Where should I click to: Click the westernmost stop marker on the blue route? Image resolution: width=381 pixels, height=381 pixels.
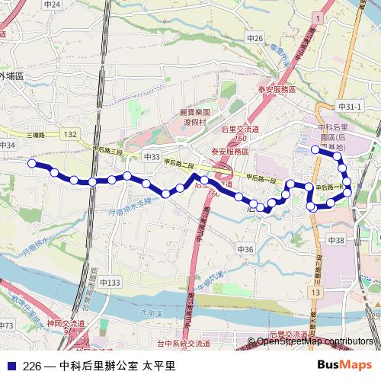click(32, 163)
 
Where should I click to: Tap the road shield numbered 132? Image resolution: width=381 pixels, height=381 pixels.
click(71, 134)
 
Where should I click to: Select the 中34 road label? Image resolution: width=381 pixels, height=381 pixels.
click(8, 145)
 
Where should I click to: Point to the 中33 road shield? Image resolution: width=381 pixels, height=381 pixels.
click(152, 157)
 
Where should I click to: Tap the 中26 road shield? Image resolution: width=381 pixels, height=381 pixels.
click(255, 38)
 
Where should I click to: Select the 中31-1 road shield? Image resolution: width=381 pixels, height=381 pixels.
click(349, 107)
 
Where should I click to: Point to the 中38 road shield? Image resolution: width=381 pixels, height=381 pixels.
click(336, 240)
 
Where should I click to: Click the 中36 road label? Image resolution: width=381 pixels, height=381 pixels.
click(245, 249)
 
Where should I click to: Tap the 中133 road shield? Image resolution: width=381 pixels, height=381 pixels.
click(109, 283)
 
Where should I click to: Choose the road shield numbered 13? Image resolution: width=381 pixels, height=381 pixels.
click(315, 293)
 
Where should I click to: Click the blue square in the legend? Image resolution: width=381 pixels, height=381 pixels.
click(9, 365)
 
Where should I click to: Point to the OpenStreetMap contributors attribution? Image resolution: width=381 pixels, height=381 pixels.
click(315, 341)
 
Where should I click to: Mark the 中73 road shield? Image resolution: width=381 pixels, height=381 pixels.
click(7, 326)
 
